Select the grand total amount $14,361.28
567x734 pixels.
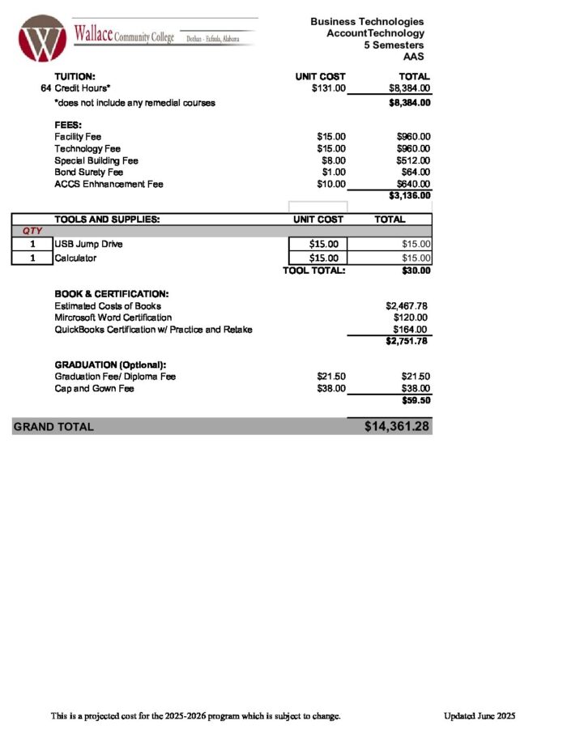point(396,426)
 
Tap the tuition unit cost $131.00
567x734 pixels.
point(329,88)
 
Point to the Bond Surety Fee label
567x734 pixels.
point(88,173)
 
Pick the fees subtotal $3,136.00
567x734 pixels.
point(409,195)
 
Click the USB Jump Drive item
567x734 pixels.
point(88,244)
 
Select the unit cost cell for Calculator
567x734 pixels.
point(318,258)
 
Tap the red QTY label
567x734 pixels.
point(32,232)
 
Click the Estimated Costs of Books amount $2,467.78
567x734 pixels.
point(407,306)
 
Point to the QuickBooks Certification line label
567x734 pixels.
point(153,330)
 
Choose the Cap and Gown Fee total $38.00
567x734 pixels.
point(415,389)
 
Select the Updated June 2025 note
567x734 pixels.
point(479,716)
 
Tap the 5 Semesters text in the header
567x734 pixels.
point(394,45)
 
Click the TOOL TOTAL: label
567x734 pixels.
point(313,271)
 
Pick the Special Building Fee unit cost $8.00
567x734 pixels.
point(333,160)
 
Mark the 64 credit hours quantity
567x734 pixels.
point(46,88)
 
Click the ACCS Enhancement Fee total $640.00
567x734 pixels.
point(413,184)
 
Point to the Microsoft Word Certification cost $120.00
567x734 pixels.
point(411,318)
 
